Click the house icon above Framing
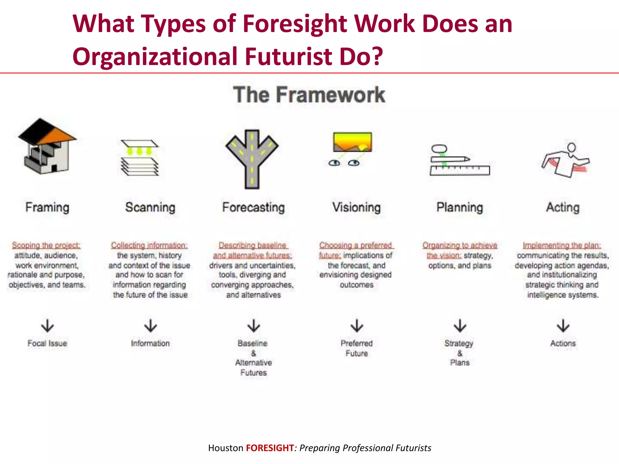[x=47, y=147]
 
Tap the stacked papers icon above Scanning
[x=139, y=158]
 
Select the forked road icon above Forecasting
[x=252, y=159]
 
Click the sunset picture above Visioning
[x=352, y=142]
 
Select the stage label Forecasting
[x=253, y=208]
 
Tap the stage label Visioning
[x=356, y=208]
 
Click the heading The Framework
[x=309, y=95]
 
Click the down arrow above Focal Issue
[x=47, y=326]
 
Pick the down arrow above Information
[x=151, y=326]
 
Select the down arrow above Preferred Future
[x=357, y=326]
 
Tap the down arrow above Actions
[x=563, y=326]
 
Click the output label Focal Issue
[x=47, y=343]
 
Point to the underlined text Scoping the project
[x=46, y=245]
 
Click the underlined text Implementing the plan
[x=562, y=245]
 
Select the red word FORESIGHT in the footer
[x=270, y=448]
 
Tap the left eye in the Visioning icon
[x=334, y=163]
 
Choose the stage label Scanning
[x=150, y=208]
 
